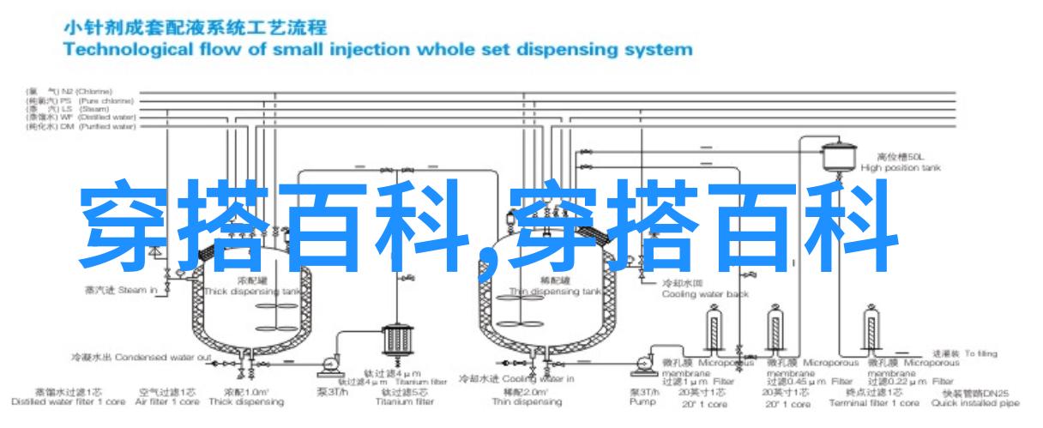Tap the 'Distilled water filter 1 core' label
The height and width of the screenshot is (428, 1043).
(59, 401)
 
